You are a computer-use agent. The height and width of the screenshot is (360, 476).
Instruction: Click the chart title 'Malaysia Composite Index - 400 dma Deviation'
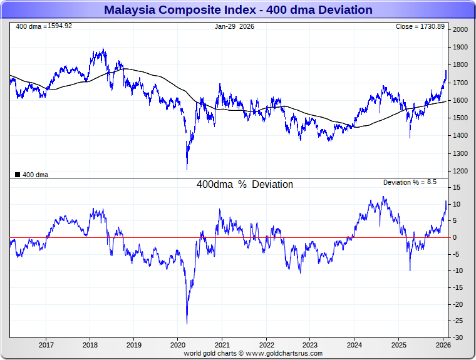pyautogui.click(x=238, y=10)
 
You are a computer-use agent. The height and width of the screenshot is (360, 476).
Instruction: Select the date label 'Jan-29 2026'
pyautogui.click(x=234, y=26)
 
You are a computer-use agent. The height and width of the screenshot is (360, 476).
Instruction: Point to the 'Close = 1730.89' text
pyautogui.click(x=420, y=26)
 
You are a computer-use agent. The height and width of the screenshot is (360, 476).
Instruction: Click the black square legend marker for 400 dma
pyautogui.click(x=18, y=175)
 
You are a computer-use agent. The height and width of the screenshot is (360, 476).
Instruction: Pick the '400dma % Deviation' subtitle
pyautogui.click(x=244, y=185)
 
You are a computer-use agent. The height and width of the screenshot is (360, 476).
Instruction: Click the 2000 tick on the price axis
pyautogui.click(x=461, y=30)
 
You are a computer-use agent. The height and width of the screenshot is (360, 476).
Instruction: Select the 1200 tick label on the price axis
pyautogui.click(x=461, y=171)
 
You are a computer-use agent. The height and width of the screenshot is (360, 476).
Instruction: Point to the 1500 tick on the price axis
pyautogui.click(x=461, y=118)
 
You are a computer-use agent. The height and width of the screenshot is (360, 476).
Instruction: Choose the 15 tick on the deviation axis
pyautogui.click(x=458, y=188)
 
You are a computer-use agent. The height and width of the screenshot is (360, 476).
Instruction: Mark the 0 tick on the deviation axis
pyautogui.click(x=456, y=238)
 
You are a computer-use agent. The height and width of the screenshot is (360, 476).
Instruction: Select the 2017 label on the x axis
pyautogui.click(x=46, y=345)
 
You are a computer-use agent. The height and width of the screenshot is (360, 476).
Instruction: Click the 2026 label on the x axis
pyautogui.click(x=443, y=345)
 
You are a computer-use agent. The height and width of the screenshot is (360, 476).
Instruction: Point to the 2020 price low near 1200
pyautogui.click(x=187, y=169)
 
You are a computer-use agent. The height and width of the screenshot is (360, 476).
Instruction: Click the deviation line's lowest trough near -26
pyautogui.click(x=187, y=323)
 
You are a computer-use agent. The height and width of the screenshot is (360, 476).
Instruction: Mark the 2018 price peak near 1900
pyautogui.click(x=103, y=49)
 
